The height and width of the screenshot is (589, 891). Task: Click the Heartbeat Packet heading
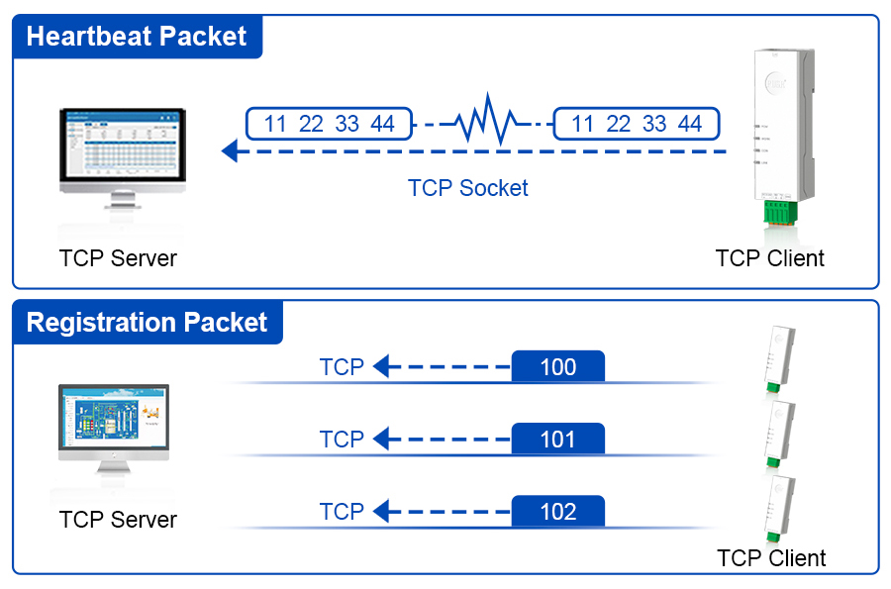point(137,38)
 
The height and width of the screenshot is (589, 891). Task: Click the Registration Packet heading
point(147,323)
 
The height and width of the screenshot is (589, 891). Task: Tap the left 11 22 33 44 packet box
point(330,124)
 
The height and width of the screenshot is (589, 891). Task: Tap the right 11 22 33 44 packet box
point(637,124)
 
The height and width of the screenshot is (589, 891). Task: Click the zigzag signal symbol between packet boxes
point(484,123)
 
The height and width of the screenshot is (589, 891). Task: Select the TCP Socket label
point(467,188)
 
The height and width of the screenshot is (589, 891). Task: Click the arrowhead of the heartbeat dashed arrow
point(230,151)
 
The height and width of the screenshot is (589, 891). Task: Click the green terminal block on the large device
point(779,213)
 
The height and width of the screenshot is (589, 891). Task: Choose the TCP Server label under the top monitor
point(118,259)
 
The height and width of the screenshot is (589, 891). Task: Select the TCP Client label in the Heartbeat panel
point(769,259)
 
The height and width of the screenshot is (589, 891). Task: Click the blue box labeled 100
point(557,367)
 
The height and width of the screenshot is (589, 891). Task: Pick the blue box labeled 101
point(557,440)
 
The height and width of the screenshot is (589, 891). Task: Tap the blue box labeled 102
point(557,512)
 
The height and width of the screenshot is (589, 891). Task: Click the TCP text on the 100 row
point(342,367)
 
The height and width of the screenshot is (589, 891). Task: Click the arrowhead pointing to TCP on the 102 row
point(381,512)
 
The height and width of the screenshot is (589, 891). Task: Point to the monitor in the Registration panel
point(113,426)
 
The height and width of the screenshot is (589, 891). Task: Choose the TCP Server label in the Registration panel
point(118,520)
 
